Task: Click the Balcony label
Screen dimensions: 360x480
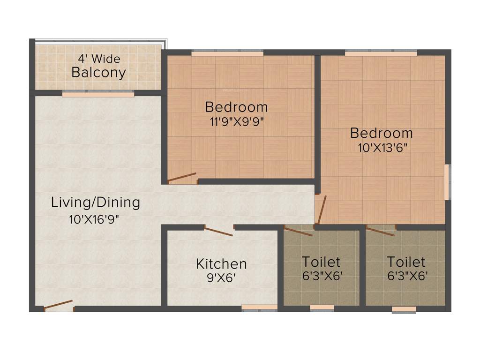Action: pyautogui.click(x=98, y=73)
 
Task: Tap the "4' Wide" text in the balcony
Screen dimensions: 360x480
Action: pyautogui.click(x=99, y=59)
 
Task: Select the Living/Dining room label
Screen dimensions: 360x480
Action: pyautogui.click(x=96, y=202)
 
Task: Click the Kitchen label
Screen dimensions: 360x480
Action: pyautogui.click(x=221, y=263)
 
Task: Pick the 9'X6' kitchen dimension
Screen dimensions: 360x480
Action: pyautogui.click(x=221, y=277)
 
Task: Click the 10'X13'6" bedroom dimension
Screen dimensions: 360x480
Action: pyautogui.click(x=382, y=148)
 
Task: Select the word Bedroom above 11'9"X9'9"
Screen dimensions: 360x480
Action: pyautogui.click(x=237, y=107)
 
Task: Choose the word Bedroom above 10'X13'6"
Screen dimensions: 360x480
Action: pyautogui.click(x=382, y=133)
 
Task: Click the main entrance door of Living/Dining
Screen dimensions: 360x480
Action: pyautogui.click(x=59, y=305)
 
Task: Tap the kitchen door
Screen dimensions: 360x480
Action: pyautogui.click(x=219, y=231)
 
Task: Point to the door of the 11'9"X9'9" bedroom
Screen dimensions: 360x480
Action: pyautogui.click(x=182, y=177)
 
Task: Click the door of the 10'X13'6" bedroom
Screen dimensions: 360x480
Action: pyautogui.click(x=321, y=210)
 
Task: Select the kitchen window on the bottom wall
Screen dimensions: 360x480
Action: pyautogui.click(x=259, y=308)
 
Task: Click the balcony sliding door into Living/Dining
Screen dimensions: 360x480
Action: pyautogui.click(x=98, y=94)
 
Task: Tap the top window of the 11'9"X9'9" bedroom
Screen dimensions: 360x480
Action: pyautogui.click(x=227, y=53)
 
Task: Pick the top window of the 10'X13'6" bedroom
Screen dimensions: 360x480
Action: pyautogui.click(x=381, y=53)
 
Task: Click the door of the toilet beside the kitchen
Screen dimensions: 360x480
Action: pyautogui.click(x=298, y=231)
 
